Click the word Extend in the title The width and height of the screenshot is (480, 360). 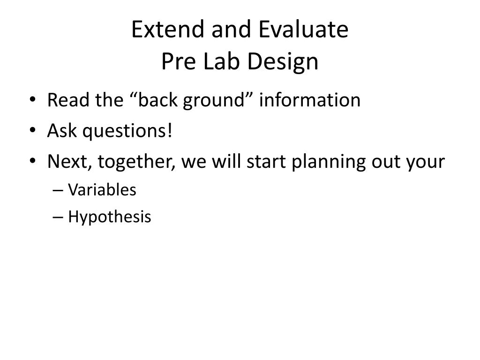[x=168, y=29]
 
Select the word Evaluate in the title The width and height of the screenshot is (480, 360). [x=303, y=29]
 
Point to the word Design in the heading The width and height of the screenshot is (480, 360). [x=283, y=62]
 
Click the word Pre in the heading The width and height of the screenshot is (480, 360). [x=178, y=61]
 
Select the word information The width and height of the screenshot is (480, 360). [x=310, y=100]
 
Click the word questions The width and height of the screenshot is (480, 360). [x=125, y=132]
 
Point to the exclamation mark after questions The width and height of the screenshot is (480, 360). [x=170, y=130]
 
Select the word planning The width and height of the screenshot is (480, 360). [x=328, y=162]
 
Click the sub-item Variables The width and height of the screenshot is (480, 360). [x=102, y=190]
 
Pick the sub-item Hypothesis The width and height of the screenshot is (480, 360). [x=110, y=217]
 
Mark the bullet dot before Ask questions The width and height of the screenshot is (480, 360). [x=33, y=130]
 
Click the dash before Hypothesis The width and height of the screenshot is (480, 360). [x=58, y=217]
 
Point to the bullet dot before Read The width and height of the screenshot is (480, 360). [x=33, y=99]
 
